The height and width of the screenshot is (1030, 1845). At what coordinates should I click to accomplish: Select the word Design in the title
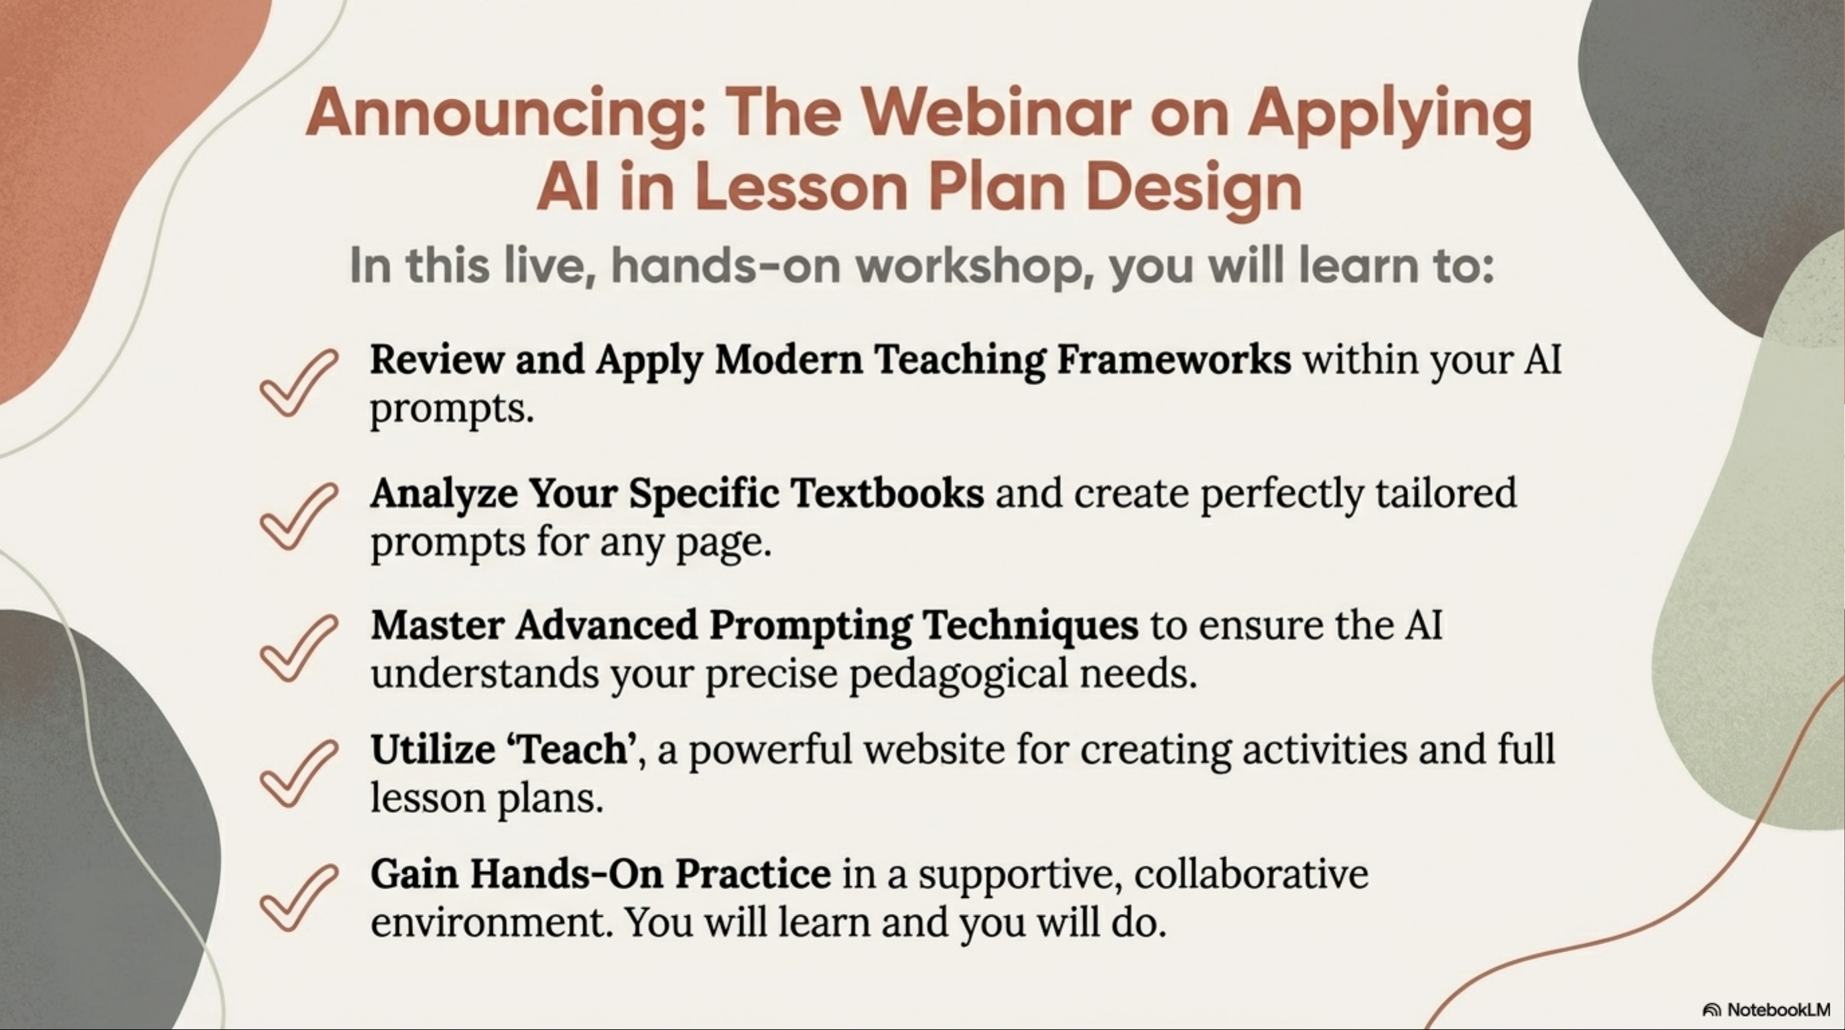point(1194,189)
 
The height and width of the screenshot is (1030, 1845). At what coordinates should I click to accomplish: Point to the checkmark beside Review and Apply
point(298,384)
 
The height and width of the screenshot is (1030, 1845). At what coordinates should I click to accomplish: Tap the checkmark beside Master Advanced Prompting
point(298,649)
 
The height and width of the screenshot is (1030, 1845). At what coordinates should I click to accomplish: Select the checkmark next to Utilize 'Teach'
point(298,774)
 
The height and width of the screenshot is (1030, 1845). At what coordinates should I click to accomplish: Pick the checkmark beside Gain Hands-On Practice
point(298,898)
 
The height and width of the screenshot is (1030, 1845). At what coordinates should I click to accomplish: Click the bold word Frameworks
point(1174,360)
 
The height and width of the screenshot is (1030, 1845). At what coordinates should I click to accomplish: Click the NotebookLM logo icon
point(1712,1010)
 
